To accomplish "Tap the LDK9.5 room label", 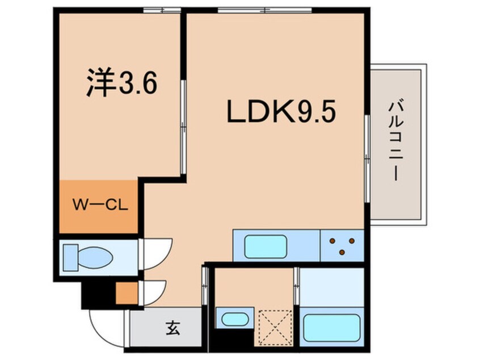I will click(282, 112).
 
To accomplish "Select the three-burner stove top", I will click(342, 245).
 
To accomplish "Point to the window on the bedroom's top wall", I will click(161, 10).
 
